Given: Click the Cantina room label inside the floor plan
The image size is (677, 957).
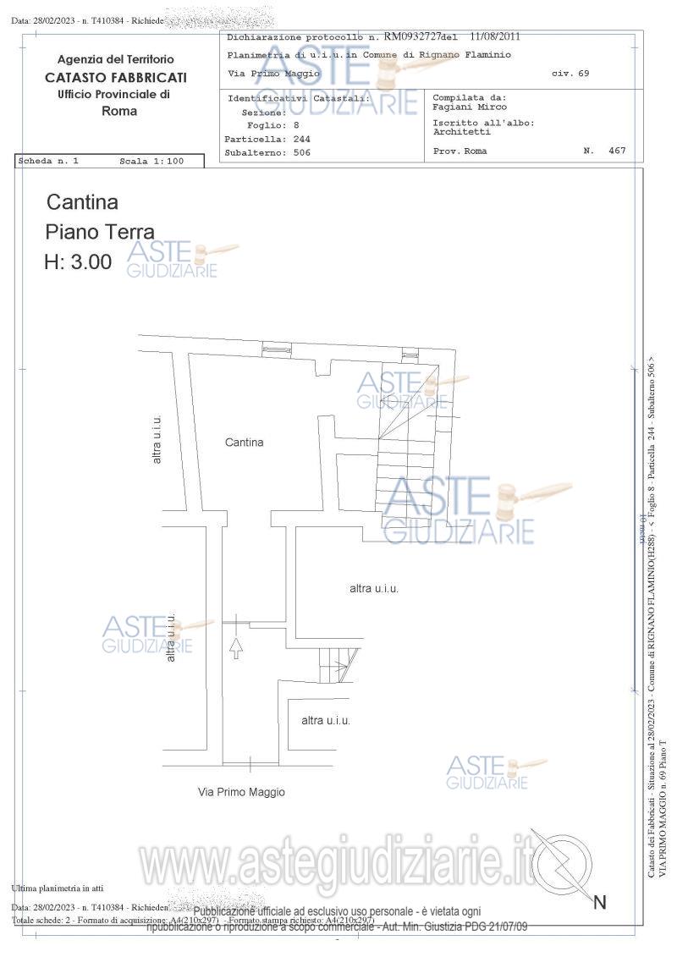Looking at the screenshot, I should [244, 443].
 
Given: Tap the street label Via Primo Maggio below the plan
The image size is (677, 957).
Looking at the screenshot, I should [241, 793].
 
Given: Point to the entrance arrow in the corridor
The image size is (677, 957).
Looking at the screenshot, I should [236, 648].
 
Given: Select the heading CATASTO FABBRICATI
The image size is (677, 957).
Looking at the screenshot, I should [116, 77].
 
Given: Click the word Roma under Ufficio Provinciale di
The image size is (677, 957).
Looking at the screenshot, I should [118, 111].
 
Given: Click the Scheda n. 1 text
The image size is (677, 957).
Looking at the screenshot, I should [49, 161].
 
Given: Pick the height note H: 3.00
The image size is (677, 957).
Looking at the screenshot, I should [78, 262].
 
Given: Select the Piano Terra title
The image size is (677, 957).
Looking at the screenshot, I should [100, 232].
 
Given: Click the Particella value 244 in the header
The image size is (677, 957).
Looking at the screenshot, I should [301, 139].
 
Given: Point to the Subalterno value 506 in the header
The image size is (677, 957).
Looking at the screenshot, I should [301, 153].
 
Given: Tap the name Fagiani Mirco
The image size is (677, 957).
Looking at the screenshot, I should [470, 107].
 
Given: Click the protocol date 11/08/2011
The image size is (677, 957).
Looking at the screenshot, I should [495, 37].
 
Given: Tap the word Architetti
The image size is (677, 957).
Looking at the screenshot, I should [461, 132].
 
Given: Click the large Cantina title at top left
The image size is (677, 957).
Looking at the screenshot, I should [82, 202].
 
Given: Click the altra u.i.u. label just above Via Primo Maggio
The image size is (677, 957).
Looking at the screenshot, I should [326, 721].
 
